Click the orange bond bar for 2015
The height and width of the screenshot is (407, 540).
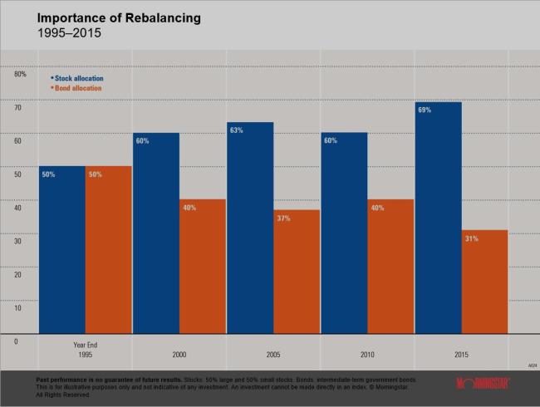pyautogui.click(x=484, y=282)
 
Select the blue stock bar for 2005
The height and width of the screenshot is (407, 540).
pyautogui.click(x=250, y=228)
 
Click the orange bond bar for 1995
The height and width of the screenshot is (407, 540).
pyautogui.click(x=109, y=249)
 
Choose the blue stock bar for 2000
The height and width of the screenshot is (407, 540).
pyautogui.click(x=156, y=233)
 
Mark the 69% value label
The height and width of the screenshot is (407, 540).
pyautogui.click(x=425, y=110)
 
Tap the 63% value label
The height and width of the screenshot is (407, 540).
pyautogui.click(x=237, y=130)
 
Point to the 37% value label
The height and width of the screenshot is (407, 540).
pyautogui.click(x=283, y=218)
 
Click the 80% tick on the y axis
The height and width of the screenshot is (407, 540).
pyautogui.click(x=20, y=75)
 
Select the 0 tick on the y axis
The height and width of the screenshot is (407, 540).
pyautogui.click(x=16, y=341)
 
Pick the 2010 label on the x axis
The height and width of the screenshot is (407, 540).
pyautogui.click(x=367, y=354)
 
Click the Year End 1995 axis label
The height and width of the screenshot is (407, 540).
pyautogui.click(x=85, y=349)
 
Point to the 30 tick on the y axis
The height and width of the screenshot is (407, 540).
pyautogui.click(x=17, y=241)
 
